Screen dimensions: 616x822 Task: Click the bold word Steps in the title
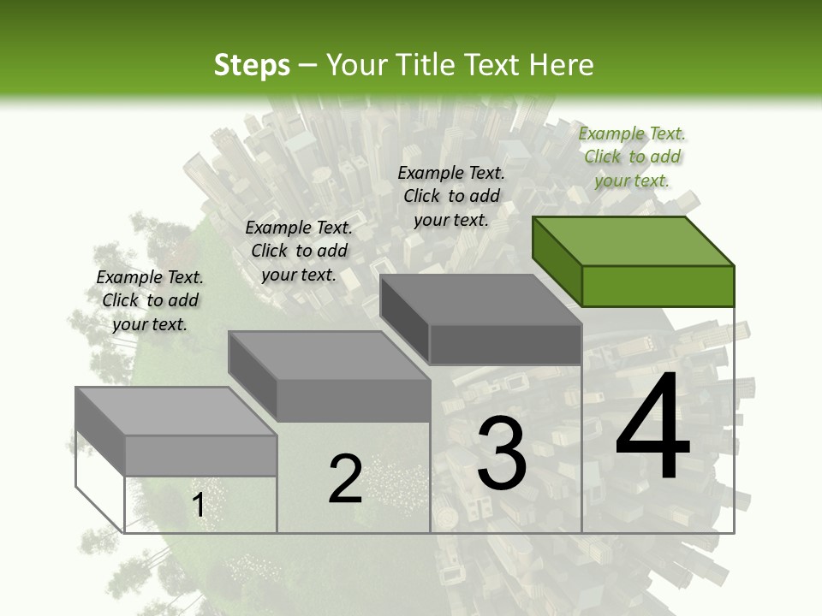coord(252,65)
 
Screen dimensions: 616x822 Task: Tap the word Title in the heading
coord(426,65)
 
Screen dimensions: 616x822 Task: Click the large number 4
coord(652,429)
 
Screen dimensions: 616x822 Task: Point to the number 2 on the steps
coord(345,479)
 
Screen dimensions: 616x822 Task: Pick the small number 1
coord(198,506)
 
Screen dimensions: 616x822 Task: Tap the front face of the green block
coord(658,286)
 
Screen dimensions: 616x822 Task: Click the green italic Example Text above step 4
coord(632,157)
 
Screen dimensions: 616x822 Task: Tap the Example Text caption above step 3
coord(451,196)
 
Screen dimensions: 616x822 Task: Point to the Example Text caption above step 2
coord(299,251)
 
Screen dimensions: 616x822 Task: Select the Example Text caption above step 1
coord(150,300)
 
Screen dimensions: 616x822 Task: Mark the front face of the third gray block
coord(505,345)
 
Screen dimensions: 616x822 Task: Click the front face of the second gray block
coord(353,400)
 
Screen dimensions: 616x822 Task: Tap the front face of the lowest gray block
coord(200,455)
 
